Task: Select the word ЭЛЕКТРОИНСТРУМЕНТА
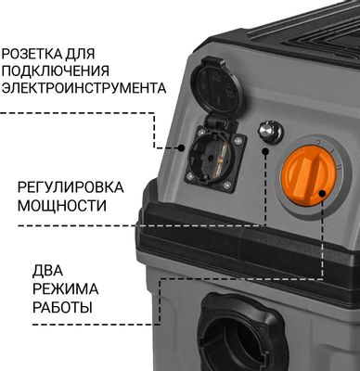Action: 84,89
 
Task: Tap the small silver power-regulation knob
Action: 269,132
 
